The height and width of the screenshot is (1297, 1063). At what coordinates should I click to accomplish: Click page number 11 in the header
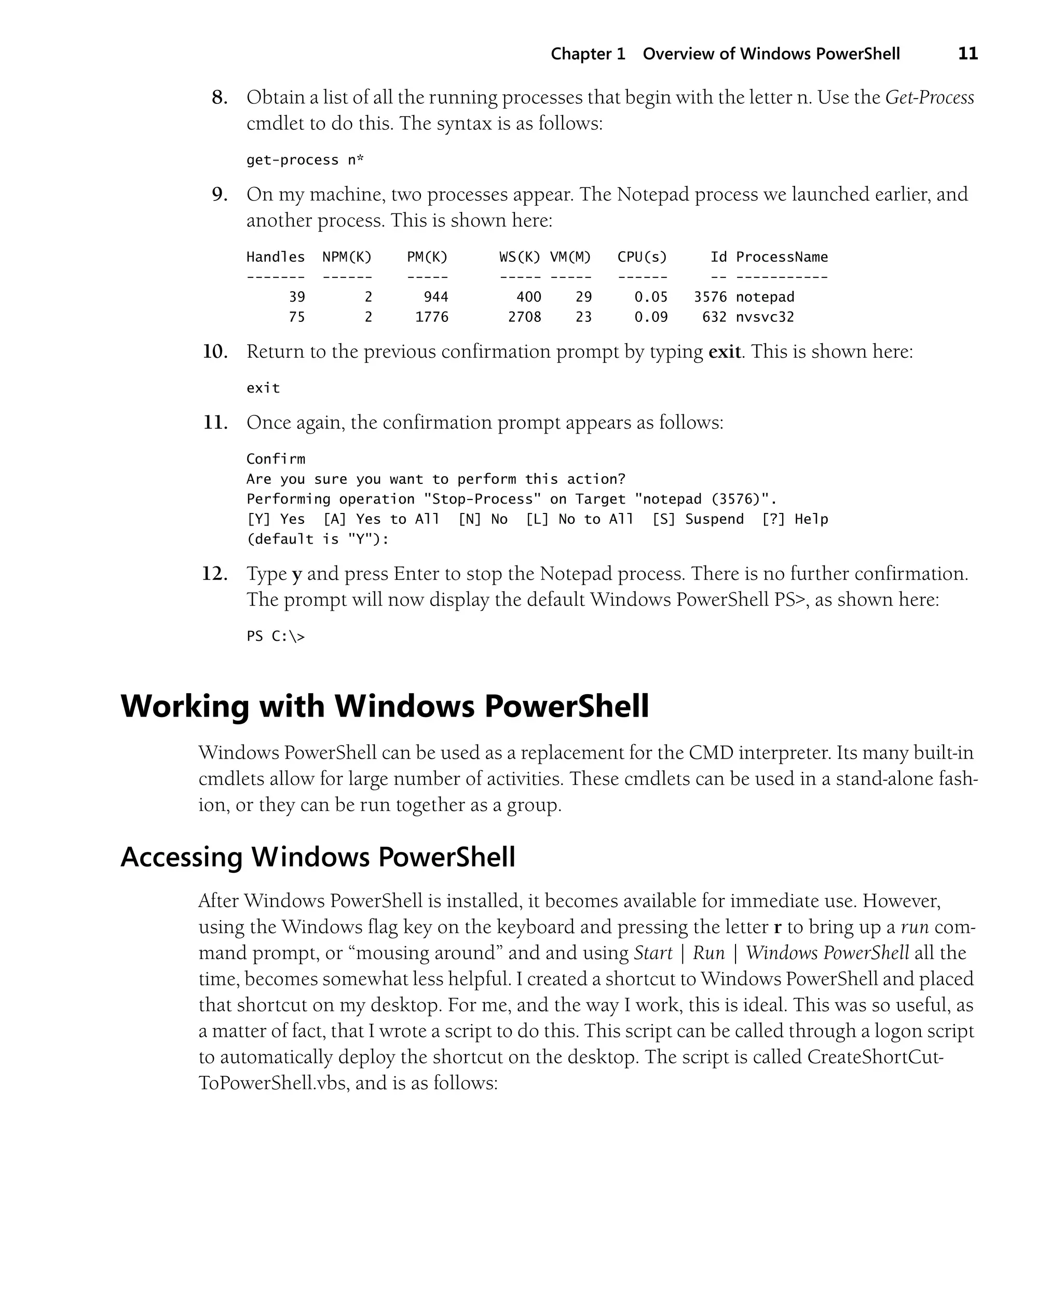(967, 54)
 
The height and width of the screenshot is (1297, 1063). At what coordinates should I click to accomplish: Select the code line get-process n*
(305, 160)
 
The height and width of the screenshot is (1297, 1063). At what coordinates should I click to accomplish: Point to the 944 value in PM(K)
(436, 297)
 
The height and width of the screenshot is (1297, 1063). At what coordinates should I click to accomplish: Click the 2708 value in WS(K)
(524, 317)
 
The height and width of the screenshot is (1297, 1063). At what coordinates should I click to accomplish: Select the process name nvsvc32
(764, 317)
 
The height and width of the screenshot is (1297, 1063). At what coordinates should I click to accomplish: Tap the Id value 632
(714, 317)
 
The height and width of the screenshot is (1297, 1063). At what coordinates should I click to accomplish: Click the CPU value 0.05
(650, 297)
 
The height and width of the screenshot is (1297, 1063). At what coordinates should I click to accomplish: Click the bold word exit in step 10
(725, 352)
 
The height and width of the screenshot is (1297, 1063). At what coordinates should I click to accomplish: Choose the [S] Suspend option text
(698, 519)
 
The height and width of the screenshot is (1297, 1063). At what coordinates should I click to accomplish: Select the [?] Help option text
(794, 519)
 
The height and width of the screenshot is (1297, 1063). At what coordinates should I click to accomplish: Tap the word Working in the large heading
(185, 706)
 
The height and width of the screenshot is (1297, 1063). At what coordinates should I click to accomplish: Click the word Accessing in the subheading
(181, 857)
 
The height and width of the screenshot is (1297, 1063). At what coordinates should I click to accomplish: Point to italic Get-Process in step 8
(929, 98)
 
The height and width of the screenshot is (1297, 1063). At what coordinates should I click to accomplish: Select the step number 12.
(214, 574)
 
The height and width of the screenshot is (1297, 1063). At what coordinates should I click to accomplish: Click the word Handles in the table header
(276, 257)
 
